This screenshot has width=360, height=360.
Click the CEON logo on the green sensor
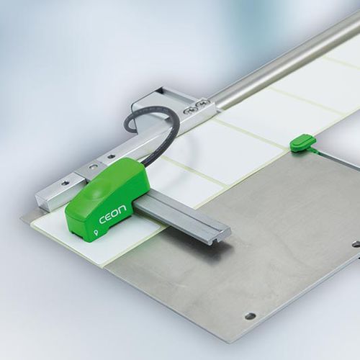pyautogui.click(x=112, y=214)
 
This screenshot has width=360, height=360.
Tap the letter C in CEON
pyautogui.click(x=102, y=220)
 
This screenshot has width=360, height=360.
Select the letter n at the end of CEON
pyautogui.click(x=122, y=209)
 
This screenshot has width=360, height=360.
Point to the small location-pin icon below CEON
pyautogui.click(x=96, y=232)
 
